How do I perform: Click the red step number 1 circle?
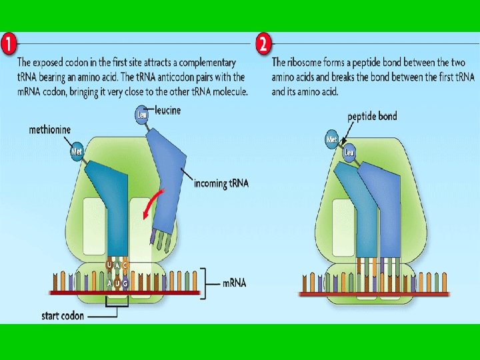(9, 46)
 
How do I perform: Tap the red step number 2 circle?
(263, 46)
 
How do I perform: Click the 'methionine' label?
(50, 129)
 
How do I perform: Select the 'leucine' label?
(167, 110)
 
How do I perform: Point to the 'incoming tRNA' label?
(221, 183)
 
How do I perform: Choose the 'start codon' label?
(63, 315)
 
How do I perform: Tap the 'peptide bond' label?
(372, 116)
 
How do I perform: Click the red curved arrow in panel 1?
(153, 200)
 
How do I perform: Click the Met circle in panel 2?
(332, 139)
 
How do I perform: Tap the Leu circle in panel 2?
(348, 153)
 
